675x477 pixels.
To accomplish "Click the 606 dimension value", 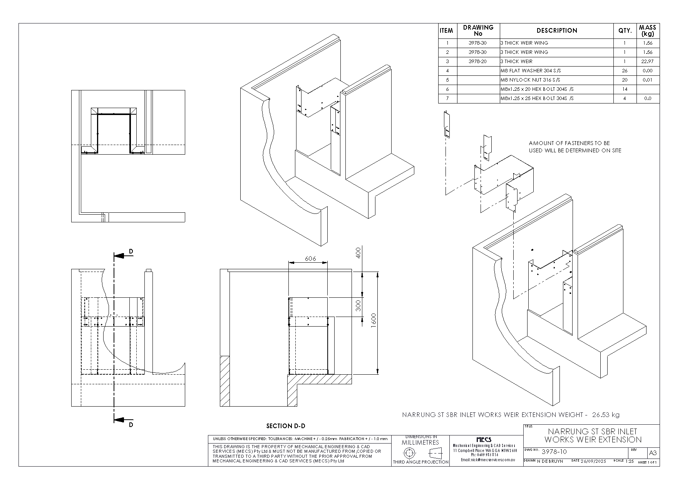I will [310, 259].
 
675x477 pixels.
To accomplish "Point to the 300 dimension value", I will [358, 306].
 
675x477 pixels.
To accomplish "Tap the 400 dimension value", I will [358, 253].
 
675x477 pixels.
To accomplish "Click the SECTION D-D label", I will [286, 426].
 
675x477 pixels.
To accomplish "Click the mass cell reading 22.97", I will [648, 62].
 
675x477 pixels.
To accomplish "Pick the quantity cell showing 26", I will [625, 71].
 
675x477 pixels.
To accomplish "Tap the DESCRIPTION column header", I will [557, 31].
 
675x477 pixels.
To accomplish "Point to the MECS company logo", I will [484, 440].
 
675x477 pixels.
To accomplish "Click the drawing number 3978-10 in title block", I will [554, 452].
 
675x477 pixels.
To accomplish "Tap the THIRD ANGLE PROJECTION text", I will [420, 462].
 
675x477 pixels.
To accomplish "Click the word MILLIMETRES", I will [420, 442].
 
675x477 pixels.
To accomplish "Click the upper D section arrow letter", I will [131, 252].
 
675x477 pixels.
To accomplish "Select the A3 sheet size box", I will [653, 453].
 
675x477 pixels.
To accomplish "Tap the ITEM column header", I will [447, 31].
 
